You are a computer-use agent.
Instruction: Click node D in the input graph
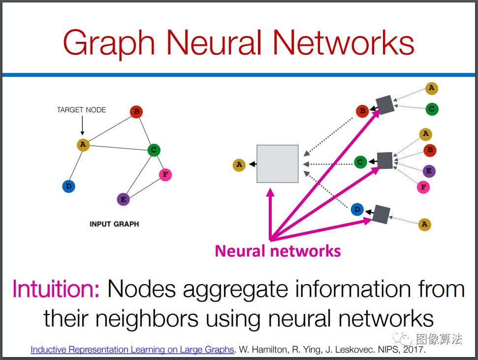pos(68,187)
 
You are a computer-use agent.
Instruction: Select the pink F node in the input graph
pos(165,175)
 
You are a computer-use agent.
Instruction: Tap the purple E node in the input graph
pos(123,199)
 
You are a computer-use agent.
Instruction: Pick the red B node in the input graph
pos(136,112)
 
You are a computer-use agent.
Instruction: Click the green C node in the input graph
pos(154,150)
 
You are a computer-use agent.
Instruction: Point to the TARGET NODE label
pos(81,110)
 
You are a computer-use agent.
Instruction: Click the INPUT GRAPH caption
pos(114,224)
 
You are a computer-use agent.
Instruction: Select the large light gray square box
pos(278,164)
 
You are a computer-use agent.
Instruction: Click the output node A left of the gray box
pos(239,165)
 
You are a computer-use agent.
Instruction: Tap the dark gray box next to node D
pos(381,214)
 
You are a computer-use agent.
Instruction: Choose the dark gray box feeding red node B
pos(385,104)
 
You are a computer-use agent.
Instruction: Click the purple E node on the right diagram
pos(429,171)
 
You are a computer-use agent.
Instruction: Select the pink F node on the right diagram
pos(423,187)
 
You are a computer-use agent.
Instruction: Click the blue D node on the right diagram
pos(357,210)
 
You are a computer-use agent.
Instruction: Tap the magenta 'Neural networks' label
pos(278,251)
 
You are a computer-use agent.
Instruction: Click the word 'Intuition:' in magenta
pos(56,289)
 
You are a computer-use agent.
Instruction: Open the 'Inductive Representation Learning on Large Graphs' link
pos(132,350)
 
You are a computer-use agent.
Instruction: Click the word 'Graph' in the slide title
pos(109,43)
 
